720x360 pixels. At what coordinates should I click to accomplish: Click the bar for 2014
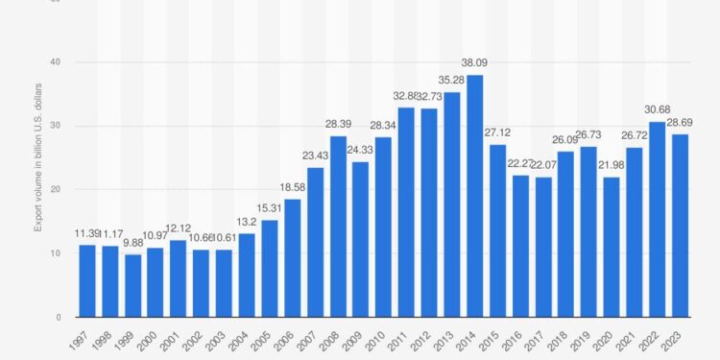pyautogui.click(x=474, y=196)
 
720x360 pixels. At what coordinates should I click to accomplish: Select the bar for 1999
pyautogui.click(x=132, y=285)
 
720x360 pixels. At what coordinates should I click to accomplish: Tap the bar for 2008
pyautogui.click(x=338, y=227)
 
